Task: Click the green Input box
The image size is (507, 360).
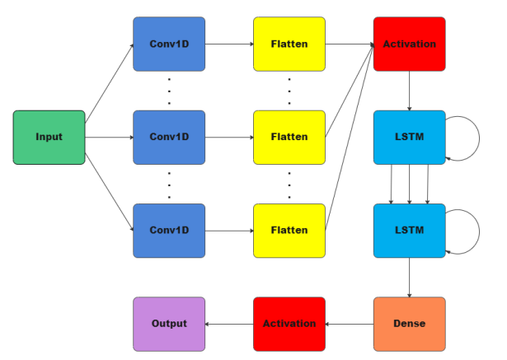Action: point(49,137)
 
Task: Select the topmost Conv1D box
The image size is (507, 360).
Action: point(169,44)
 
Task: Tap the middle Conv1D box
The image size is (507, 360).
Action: point(169,137)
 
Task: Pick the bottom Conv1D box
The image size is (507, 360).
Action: point(169,230)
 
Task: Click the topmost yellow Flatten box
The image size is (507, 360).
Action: point(289,44)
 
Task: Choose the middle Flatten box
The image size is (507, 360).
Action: point(289,137)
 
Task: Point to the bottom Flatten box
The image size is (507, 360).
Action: point(289,230)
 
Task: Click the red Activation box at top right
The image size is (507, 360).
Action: point(409,44)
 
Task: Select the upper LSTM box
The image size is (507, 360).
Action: point(409,137)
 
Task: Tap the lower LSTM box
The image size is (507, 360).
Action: point(409,230)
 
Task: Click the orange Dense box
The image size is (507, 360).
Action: point(409,324)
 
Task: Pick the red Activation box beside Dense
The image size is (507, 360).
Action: point(289,324)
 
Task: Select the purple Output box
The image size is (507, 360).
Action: point(169,324)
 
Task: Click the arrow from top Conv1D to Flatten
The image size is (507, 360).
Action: point(229,44)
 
